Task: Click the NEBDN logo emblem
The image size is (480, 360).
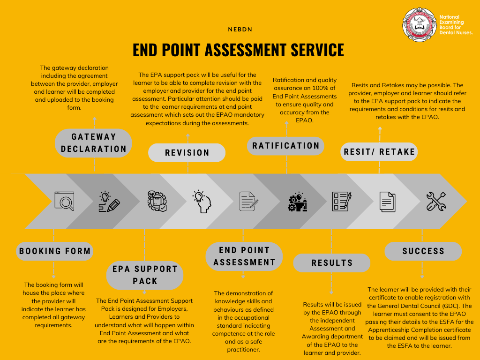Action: (x=419, y=24)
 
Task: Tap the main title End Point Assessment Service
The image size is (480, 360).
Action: (x=238, y=50)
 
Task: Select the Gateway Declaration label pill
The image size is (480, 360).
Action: (x=93, y=143)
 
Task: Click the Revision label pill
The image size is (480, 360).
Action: (x=187, y=152)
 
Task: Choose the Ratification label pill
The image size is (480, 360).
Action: (x=285, y=146)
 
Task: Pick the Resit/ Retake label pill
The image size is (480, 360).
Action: (x=379, y=152)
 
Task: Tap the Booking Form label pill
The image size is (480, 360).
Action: (x=55, y=251)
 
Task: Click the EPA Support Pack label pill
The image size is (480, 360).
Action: (x=145, y=275)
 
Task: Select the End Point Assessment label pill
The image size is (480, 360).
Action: (x=244, y=256)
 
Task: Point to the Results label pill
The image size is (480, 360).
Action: (x=332, y=262)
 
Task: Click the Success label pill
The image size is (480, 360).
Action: (x=423, y=251)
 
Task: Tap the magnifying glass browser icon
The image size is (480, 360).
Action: (x=64, y=201)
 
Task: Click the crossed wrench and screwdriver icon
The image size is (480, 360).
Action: (x=436, y=201)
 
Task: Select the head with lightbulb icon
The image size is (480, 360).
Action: (x=202, y=201)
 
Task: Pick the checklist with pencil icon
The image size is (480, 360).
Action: (x=342, y=201)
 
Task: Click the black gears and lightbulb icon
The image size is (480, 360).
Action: (x=298, y=202)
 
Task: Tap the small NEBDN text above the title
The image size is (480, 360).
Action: (x=240, y=30)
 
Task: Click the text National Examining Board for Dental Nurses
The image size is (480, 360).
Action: (x=456, y=25)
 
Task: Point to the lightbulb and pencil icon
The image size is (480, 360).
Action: (x=109, y=202)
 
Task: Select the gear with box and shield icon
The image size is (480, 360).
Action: (x=157, y=201)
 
